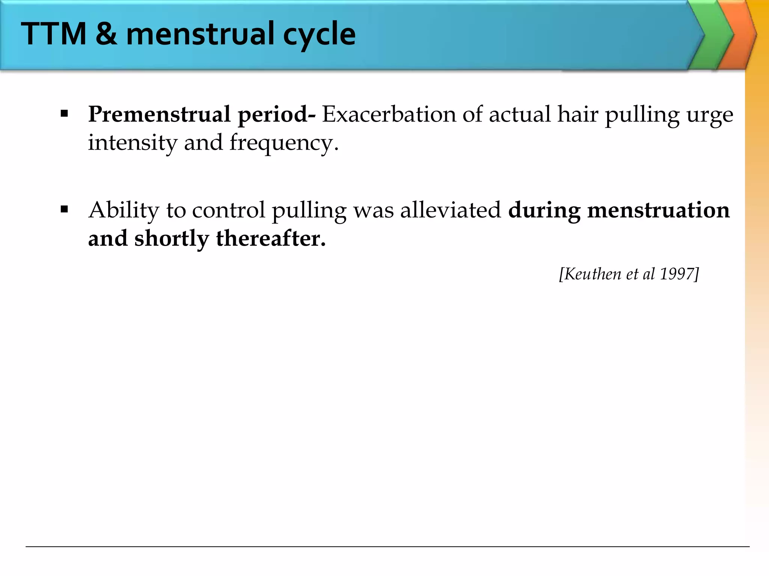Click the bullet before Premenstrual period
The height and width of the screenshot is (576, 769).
64,114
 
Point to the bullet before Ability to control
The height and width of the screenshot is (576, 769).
64,209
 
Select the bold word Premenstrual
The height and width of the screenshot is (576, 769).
159,114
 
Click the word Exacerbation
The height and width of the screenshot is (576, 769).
389,114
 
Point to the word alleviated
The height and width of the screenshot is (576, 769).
451,210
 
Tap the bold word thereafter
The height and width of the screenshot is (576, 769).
271,238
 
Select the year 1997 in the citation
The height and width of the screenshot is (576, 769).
677,274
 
